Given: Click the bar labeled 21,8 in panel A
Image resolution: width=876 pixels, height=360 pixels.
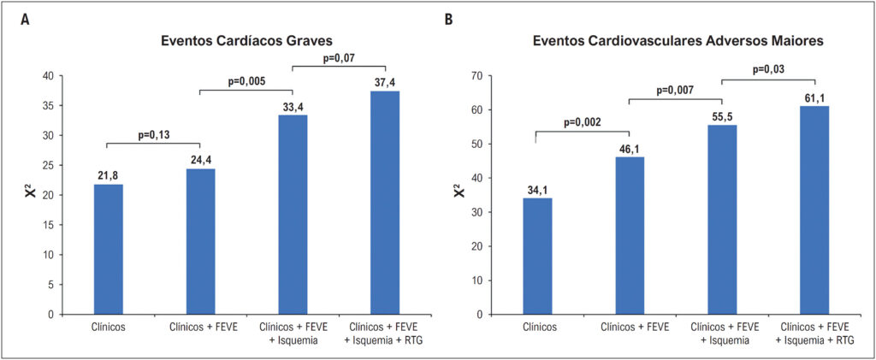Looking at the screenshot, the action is coord(109,249).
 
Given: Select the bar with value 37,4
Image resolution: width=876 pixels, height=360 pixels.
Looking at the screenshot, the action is coord(385,203).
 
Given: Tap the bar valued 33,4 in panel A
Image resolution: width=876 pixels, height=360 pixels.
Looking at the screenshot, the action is coord(293,215).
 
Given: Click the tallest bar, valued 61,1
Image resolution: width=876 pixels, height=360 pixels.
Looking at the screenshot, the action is coord(814,210).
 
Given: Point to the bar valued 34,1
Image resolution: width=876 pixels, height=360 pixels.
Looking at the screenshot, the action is coord(537,257).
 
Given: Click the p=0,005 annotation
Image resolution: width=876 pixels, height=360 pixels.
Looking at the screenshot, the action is coord(246,81).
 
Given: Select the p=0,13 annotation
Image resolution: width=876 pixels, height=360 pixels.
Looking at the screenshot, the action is coord(153,133).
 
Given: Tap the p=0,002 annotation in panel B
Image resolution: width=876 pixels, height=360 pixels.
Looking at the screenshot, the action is coord(582,121).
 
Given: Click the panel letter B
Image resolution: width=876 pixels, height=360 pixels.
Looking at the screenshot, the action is coord(448,20).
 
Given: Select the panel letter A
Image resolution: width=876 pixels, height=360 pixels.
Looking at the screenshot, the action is coord(25,20).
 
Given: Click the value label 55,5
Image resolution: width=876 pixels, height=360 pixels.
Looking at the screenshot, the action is coord(722,115).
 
